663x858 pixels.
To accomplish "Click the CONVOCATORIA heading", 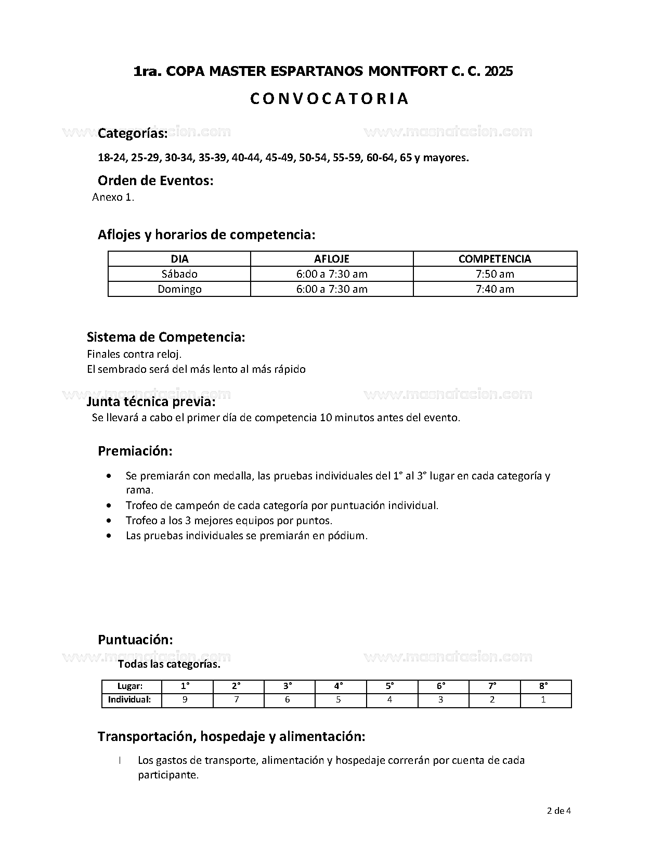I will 329,99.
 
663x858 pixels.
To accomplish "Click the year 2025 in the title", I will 498,71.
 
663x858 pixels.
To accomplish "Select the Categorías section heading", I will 133,134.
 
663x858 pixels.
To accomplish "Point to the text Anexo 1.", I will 113,197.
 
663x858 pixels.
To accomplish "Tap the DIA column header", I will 179,259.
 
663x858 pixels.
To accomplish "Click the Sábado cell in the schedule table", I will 179,274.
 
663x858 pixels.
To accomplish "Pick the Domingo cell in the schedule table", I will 179,289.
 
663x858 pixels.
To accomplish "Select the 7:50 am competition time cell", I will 495,274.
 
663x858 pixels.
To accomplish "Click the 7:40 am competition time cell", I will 495,289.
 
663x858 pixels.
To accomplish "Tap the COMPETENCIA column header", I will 495,259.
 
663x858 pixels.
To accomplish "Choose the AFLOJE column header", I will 332,259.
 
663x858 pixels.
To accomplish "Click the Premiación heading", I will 135,451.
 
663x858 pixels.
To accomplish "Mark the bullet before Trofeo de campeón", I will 108,505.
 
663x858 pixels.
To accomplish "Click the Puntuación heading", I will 135,640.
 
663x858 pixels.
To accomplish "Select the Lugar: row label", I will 130,686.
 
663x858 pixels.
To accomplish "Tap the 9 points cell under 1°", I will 185,700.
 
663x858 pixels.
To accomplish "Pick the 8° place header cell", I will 543,686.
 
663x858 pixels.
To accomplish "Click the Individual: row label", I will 129,700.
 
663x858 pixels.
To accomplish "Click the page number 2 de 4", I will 559,811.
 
